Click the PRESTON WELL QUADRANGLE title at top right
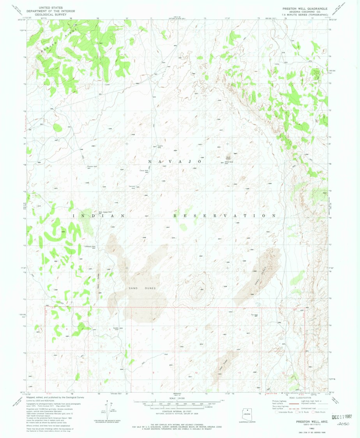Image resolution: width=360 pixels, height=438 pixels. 305,8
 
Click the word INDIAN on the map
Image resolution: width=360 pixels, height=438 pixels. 98,215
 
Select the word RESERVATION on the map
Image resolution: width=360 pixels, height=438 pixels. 225,215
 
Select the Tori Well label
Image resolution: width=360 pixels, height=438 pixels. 254,315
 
